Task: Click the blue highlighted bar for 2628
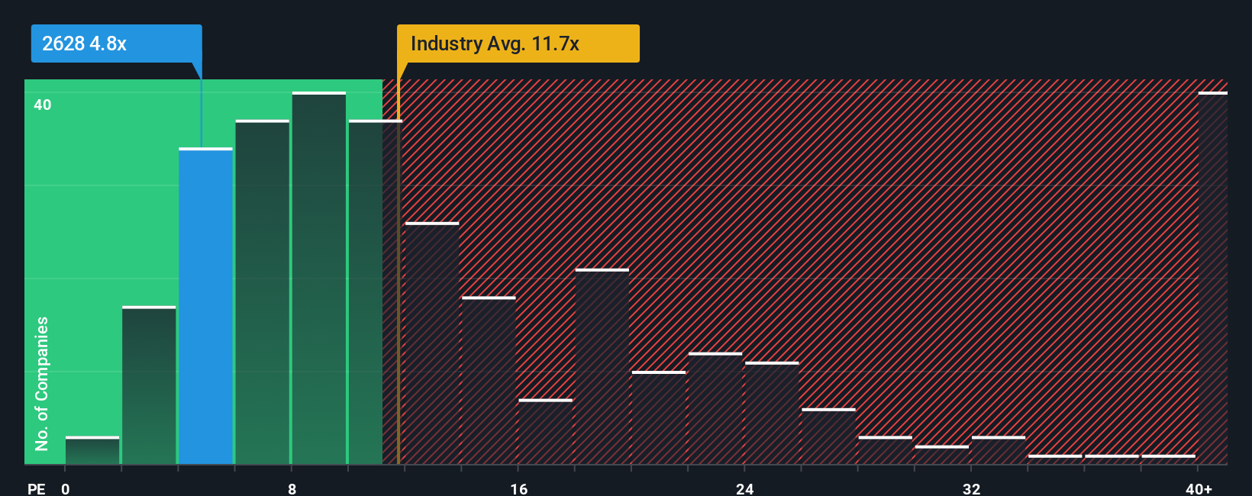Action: tap(205, 305)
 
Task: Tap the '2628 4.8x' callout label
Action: tap(85, 43)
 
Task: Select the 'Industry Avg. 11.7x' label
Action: tap(495, 43)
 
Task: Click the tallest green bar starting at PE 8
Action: tap(318, 279)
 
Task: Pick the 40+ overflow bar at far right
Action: tap(1212, 279)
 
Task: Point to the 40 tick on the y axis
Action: tap(43, 105)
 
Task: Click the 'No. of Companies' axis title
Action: tap(42, 383)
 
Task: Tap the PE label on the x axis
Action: tap(36, 488)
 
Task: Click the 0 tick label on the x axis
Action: tap(66, 488)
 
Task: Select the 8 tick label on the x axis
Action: tap(292, 488)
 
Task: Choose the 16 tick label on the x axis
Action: tap(518, 488)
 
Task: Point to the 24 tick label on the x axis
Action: tap(745, 488)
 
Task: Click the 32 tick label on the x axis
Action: tap(971, 488)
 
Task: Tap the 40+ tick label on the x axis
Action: tap(1199, 488)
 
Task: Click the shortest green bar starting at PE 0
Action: tap(92, 451)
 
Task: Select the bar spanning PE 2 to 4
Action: tap(149, 385)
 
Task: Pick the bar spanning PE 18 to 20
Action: tap(602, 367)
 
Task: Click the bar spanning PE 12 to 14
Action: tap(432, 343)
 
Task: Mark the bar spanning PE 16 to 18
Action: tap(545, 432)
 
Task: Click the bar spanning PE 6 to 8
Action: tap(262, 292)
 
